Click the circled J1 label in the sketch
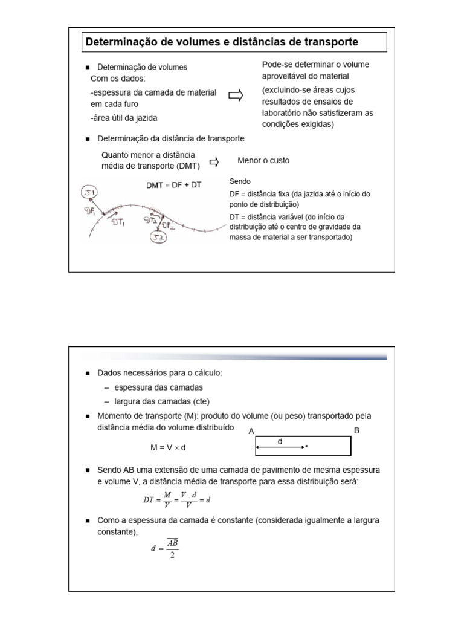pos(94,193)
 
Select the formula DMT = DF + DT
pos(174,186)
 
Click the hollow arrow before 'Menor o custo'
pos(214,161)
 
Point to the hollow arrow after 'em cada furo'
pos(236,96)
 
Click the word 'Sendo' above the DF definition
pos(240,181)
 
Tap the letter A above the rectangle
pos(251,431)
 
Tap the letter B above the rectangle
pos(356,430)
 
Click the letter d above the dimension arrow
pos(280,441)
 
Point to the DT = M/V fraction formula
pos(176,500)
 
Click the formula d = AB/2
pos(164,548)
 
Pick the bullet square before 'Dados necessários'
pos(88,374)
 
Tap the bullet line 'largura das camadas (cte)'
pos(157,401)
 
